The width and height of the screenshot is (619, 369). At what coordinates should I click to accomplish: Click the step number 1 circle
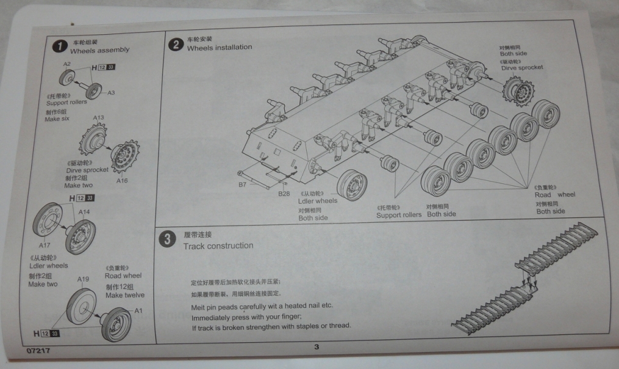(59, 46)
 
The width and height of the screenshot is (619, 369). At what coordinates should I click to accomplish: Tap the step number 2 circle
(176, 43)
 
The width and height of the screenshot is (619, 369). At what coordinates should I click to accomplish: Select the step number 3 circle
(166, 239)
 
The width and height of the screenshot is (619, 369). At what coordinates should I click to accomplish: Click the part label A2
(67, 64)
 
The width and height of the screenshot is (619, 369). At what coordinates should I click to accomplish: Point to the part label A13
(98, 117)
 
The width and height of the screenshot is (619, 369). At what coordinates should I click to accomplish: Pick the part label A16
(122, 181)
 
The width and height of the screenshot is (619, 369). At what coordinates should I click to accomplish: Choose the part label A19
(84, 279)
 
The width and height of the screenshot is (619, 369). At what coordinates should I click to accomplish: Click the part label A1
(138, 310)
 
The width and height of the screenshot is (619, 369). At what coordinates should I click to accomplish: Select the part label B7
(242, 183)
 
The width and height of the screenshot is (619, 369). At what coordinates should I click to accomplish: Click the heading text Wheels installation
(219, 48)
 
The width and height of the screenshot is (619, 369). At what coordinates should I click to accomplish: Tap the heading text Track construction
(218, 246)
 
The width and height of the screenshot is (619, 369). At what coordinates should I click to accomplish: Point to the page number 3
(317, 348)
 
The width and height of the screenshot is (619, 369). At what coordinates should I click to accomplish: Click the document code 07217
(38, 352)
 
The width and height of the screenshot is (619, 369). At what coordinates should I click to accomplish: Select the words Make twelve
(125, 295)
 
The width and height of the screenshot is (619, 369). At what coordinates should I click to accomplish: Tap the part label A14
(84, 211)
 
